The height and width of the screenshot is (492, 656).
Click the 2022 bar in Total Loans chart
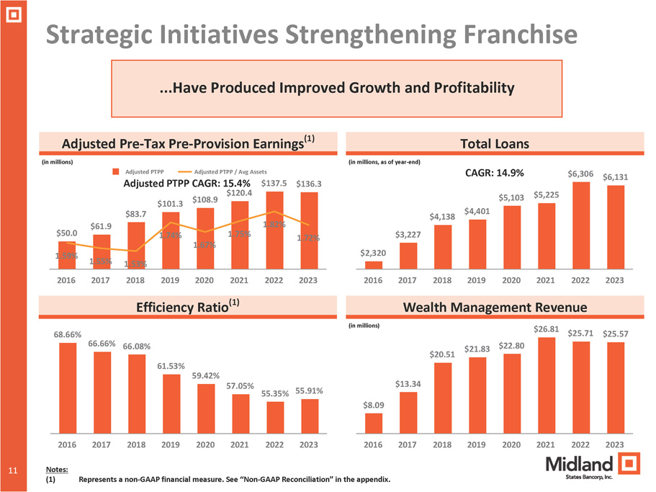pyautogui.click(x=580, y=225)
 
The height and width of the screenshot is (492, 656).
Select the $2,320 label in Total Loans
pyautogui.click(x=372, y=253)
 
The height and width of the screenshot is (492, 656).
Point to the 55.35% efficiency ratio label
pyautogui.click(x=275, y=393)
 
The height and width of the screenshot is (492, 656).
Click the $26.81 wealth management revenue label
pyautogui.click(x=546, y=329)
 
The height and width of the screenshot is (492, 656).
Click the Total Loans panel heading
pyautogui.click(x=494, y=144)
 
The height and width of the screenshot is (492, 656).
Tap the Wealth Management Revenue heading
pyautogui.click(x=494, y=308)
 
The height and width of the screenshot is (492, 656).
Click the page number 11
pyautogui.click(x=13, y=470)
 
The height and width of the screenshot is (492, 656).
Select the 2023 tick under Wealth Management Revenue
pyautogui.click(x=614, y=444)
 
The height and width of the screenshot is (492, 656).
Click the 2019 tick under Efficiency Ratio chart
pyautogui.click(x=171, y=444)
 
